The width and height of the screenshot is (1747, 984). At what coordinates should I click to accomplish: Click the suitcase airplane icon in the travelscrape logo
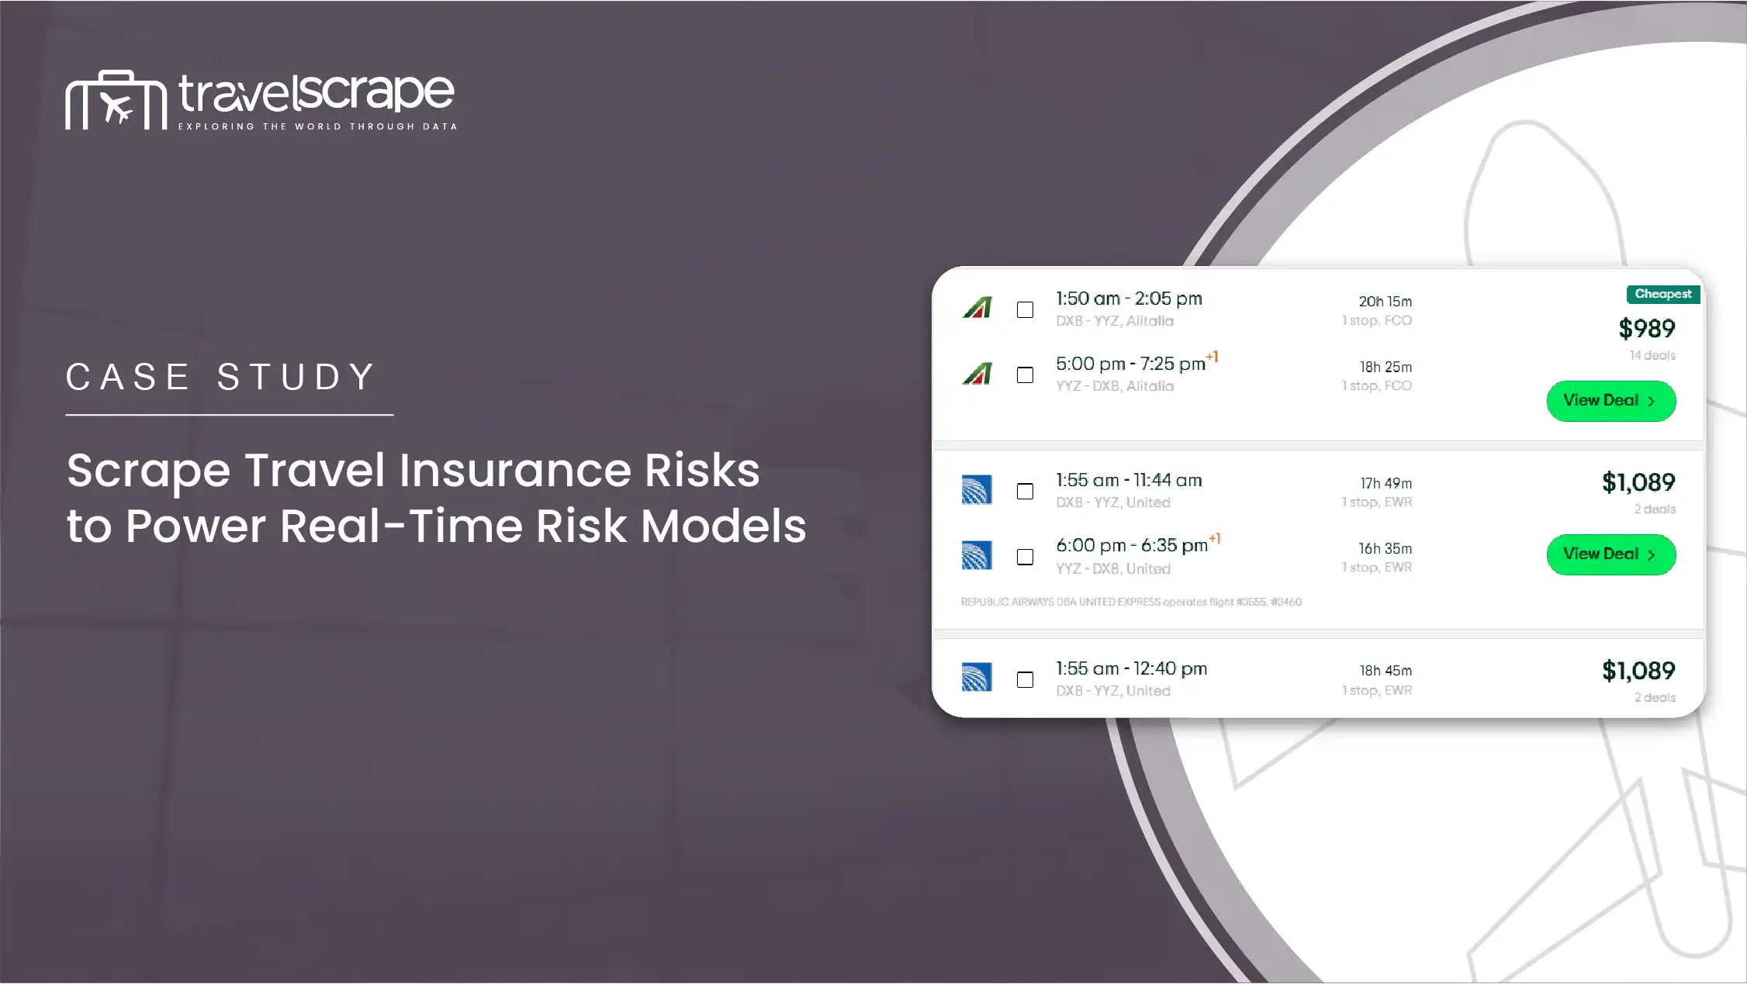tap(116, 100)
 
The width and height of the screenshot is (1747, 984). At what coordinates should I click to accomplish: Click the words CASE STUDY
tap(222, 378)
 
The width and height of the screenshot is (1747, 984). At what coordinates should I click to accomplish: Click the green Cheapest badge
tap(1662, 294)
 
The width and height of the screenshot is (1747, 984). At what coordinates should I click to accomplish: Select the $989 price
tap(1646, 329)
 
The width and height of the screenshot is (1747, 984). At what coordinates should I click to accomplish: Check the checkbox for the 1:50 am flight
tap(1025, 310)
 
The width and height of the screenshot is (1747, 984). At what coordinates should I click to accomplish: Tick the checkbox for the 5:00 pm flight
tap(1025, 375)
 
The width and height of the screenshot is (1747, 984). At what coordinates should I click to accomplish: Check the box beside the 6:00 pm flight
tap(1025, 557)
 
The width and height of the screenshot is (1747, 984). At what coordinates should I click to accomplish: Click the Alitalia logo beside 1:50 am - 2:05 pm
tap(977, 308)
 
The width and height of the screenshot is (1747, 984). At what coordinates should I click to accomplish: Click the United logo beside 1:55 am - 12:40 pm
tap(977, 677)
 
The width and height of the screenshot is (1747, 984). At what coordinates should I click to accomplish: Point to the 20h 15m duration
tap(1385, 302)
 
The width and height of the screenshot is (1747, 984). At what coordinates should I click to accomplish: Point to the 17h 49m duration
tap(1385, 483)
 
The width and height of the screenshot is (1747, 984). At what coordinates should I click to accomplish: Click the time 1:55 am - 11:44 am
tap(1129, 481)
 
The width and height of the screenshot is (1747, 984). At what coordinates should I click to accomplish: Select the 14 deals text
tap(1652, 355)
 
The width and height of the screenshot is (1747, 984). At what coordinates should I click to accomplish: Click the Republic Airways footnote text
tap(1131, 602)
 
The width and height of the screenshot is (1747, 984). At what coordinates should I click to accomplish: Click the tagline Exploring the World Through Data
tap(317, 126)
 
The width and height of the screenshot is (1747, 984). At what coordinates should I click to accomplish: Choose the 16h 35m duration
tap(1385, 549)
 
